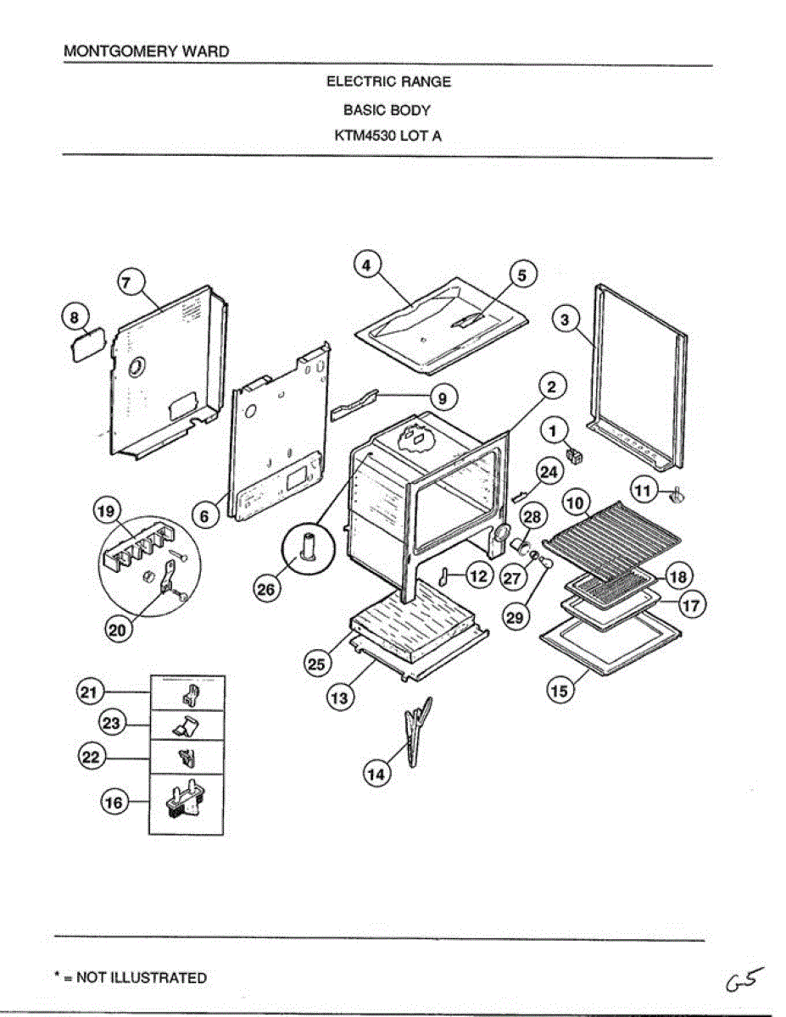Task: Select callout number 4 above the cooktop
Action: point(365,265)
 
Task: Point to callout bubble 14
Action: point(377,773)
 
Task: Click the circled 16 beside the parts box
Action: point(114,803)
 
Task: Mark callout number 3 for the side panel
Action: point(566,320)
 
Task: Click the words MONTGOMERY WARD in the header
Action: point(147,52)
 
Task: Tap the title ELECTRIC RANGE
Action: point(388,82)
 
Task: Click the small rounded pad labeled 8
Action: point(85,346)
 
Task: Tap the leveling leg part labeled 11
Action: point(678,495)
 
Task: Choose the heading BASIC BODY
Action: point(387,109)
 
